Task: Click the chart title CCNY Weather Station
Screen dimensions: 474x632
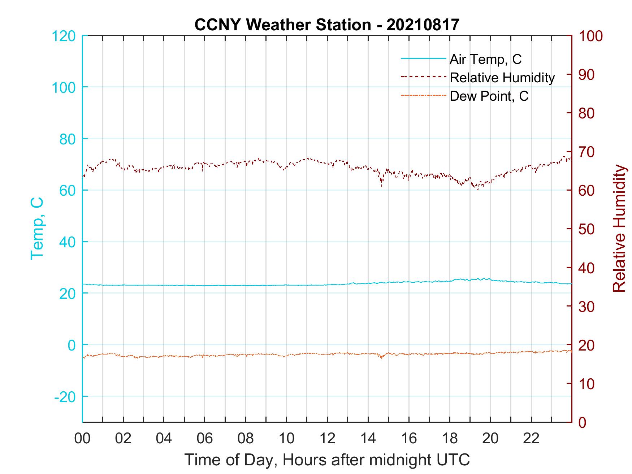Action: pos(327,25)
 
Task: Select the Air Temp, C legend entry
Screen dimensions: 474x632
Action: pos(485,59)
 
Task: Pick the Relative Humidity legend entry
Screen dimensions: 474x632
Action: pos(502,78)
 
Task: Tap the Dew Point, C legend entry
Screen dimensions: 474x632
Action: pos(489,96)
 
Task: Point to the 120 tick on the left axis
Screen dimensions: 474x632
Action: pos(64,36)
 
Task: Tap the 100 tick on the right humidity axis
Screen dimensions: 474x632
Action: pos(590,36)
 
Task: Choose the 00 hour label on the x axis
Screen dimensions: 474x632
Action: pos(82,438)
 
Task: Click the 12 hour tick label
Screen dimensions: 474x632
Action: pos(327,438)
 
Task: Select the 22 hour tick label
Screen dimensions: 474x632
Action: pos(531,438)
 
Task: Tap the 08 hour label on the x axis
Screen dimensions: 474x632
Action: pos(246,438)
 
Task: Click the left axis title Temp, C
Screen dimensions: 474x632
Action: pos(37,228)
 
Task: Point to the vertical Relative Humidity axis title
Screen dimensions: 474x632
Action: pos(619,228)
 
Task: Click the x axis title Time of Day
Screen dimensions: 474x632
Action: pos(327,460)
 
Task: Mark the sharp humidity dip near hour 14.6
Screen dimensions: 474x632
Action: pos(381,185)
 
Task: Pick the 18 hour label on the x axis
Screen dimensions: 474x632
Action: pos(450,438)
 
